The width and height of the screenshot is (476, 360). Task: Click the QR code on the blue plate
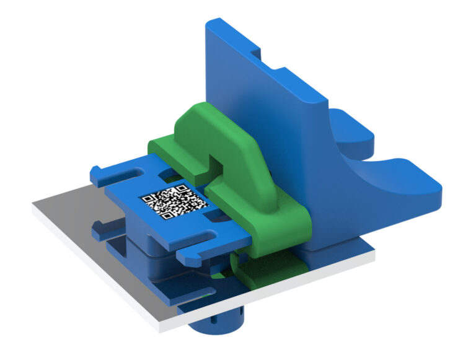tap(174, 201)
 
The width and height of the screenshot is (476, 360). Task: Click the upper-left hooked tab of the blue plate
tap(102, 174)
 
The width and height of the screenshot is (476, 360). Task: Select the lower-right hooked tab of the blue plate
tap(198, 251)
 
